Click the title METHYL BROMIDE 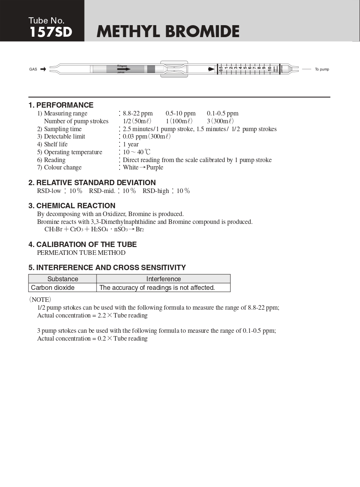[168, 31]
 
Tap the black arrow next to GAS [43, 69]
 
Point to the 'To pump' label [322, 69]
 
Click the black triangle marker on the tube [212, 69]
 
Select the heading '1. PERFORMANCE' [61, 105]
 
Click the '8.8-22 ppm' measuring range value [138, 113]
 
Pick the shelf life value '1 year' [131, 144]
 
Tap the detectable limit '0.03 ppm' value [134, 136]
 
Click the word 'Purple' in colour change [155, 167]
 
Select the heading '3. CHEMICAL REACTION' [72, 206]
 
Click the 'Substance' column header [63, 279]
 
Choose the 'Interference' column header [163, 279]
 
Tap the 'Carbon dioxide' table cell [53, 287]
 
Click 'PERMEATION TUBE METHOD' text [81, 253]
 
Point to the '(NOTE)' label [40, 299]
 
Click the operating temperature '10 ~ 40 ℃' [136, 152]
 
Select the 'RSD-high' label [156, 191]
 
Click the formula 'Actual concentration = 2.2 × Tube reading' [92, 315]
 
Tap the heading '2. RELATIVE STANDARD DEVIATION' [92, 183]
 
